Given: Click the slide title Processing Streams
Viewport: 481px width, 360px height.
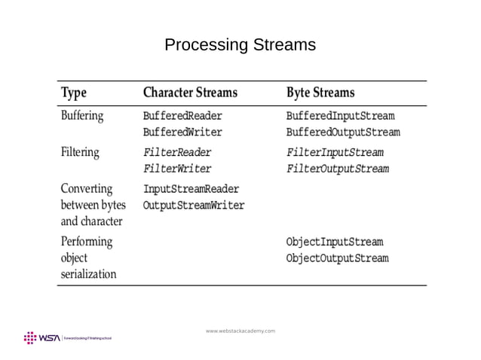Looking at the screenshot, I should coord(240,45).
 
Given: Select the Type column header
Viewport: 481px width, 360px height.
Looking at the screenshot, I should coord(74,93).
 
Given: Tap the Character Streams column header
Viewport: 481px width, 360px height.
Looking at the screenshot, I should coord(190,93).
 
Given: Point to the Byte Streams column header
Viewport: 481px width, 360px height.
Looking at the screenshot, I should coord(320,93).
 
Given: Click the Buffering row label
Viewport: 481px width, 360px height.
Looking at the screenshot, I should coord(82,117).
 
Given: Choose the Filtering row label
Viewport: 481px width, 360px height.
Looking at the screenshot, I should coord(80,152).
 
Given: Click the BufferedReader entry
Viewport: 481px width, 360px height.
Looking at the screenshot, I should coord(182,117).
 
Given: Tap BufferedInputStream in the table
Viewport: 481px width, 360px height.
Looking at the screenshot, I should coord(340,117).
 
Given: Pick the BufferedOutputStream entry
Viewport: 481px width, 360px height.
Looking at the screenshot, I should coord(343,133).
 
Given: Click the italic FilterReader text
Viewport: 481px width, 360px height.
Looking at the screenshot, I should coord(177,153).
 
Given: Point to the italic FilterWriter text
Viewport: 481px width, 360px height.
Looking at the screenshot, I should coord(177,169).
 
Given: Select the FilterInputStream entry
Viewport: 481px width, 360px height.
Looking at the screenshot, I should coord(335,153).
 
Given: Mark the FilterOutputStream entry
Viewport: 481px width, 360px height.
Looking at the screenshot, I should coord(338,169).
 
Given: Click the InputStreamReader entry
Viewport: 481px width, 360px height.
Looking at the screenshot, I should coord(191,189).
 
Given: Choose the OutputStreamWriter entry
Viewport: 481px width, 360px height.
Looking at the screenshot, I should coord(194,205).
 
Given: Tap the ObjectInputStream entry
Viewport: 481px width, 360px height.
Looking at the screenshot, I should coord(335,243).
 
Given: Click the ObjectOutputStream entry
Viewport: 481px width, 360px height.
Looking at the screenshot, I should coord(338,258).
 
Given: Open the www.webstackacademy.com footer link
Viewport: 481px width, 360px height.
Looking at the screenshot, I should coord(240,331).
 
